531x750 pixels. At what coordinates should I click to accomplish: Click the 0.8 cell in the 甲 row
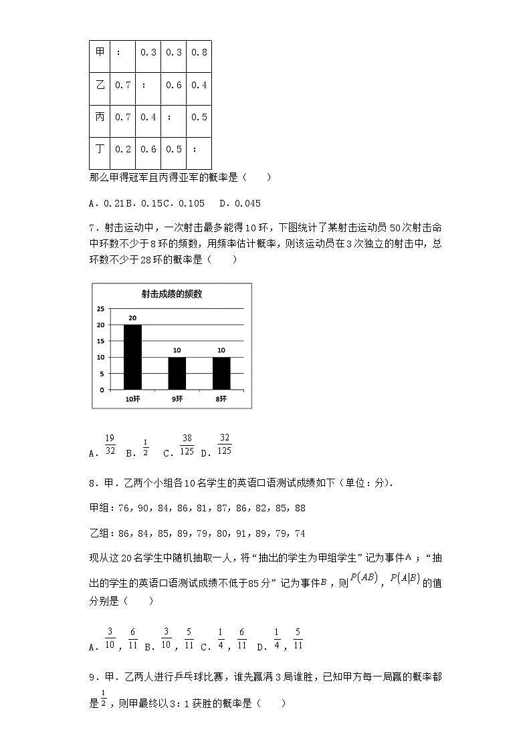coord(199,52)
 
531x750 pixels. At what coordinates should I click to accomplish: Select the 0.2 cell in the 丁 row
coord(122,149)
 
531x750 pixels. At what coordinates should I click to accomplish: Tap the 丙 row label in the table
coord(100,117)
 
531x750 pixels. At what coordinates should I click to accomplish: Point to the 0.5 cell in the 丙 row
coord(199,117)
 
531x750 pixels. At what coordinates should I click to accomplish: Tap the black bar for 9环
coord(177,373)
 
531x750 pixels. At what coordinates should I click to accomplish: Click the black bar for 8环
coord(221,373)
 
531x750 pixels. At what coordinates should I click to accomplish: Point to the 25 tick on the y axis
coord(100,309)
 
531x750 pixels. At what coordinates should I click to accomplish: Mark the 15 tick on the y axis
coord(100,341)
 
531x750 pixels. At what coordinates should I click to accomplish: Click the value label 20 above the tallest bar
coord(132,318)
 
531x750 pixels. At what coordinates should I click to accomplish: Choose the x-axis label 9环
coord(177,399)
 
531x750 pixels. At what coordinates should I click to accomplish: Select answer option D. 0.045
coord(239,203)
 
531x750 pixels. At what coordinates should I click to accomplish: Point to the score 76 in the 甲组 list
coord(124,508)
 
